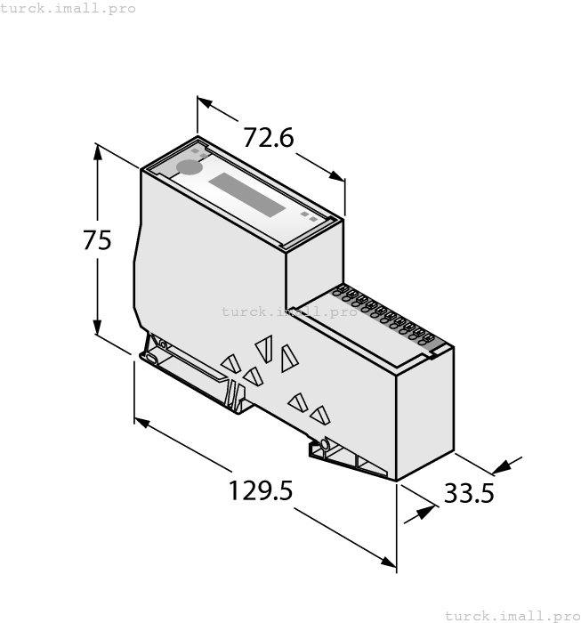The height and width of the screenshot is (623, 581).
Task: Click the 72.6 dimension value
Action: (269, 138)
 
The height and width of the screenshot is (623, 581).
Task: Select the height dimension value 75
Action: (97, 240)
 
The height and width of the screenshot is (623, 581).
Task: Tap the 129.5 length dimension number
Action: (261, 490)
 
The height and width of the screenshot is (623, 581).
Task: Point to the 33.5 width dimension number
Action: (469, 492)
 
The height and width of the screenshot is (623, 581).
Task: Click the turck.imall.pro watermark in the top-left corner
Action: (69, 8)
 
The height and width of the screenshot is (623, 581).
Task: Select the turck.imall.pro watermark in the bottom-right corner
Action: (512, 615)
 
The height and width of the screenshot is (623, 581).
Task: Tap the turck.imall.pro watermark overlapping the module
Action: (289, 311)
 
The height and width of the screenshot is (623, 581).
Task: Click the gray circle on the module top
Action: (190, 166)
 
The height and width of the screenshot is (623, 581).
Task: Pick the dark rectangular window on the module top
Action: (247, 195)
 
